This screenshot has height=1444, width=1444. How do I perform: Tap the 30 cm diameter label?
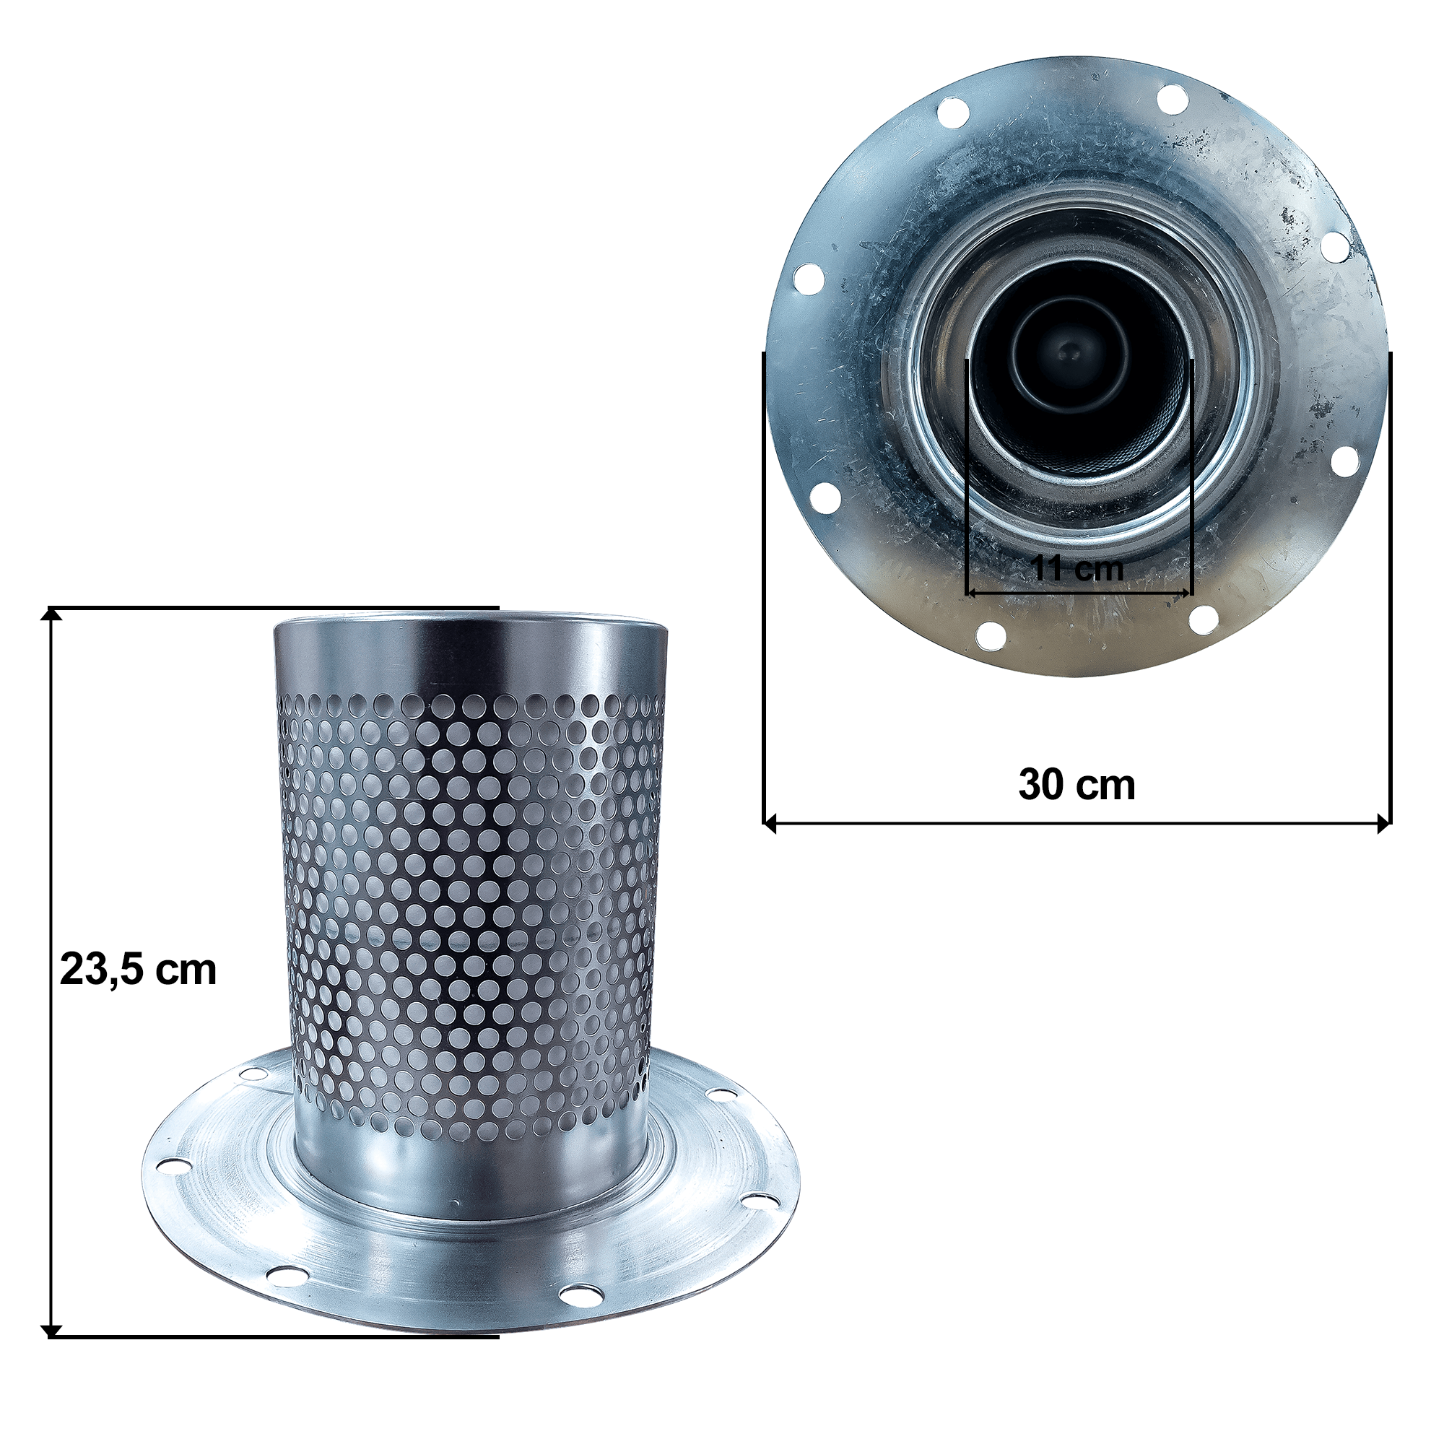(x=1077, y=785)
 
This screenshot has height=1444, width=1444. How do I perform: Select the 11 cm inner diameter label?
(x=1079, y=569)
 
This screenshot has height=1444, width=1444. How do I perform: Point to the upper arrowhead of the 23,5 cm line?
(x=51, y=614)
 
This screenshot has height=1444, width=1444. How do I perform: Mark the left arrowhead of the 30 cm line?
(x=770, y=825)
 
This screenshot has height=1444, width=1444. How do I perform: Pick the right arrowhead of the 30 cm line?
(x=1384, y=825)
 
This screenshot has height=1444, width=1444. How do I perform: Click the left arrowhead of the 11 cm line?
(x=972, y=593)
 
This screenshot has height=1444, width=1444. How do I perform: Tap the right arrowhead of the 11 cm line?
(x=1187, y=593)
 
